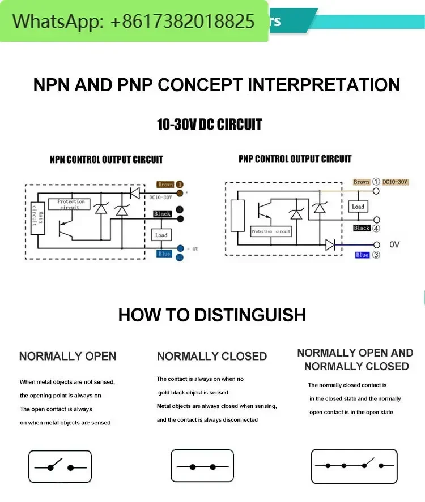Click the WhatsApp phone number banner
pyautogui.click(x=134, y=22)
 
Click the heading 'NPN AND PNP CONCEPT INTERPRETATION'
pyautogui.click(x=216, y=85)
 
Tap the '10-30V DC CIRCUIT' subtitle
pyautogui.click(x=209, y=125)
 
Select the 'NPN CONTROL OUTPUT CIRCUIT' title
pyautogui.click(x=106, y=160)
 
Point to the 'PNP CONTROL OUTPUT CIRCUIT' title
pyautogui.click(x=295, y=159)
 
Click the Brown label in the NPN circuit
pyautogui.click(x=165, y=185)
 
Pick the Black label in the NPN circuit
pyautogui.click(x=162, y=214)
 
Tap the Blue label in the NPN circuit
pyautogui.click(x=164, y=254)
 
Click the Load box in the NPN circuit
pyautogui.click(x=161, y=235)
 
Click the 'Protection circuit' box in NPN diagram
pyautogui.click(x=71, y=204)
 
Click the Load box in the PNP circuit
pyautogui.click(x=358, y=207)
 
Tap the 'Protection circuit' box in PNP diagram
pyautogui.click(x=271, y=231)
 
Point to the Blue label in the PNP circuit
pyautogui.click(x=362, y=255)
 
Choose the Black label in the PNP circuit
pyautogui.click(x=362, y=228)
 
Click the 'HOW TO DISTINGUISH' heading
pyautogui.click(x=212, y=315)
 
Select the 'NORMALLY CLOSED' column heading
pyautogui.click(x=212, y=357)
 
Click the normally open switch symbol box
pyautogui.click(x=60, y=467)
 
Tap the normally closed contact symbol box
pyautogui.click(x=202, y=467)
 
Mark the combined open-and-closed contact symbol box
pyautogui.click(x=354, y=466)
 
